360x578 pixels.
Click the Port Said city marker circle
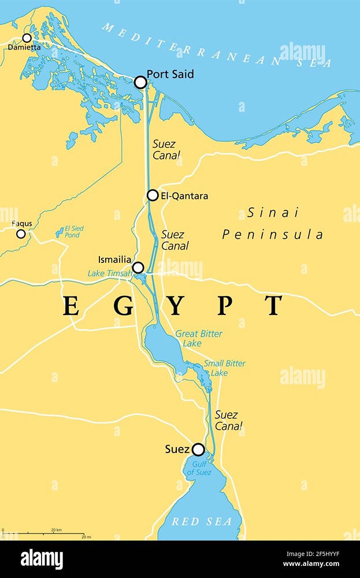[140, 82]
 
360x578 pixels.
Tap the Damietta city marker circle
[27, 38]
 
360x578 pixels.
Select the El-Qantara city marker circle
[153, 195]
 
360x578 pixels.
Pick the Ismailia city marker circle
[138, 267]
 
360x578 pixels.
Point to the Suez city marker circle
[198, 449]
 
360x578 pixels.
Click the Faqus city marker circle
[21, 234]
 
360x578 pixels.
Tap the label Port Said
[170, 74]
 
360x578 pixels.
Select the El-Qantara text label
[185, 196]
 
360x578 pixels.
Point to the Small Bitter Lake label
[224, 368]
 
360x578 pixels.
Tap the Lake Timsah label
[109, 273]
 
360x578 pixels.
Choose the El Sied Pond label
[74, 232]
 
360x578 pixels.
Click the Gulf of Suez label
[199, 469]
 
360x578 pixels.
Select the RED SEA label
[202, 521]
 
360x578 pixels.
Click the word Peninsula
[273, 234]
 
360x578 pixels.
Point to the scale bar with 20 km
[43, 532]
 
